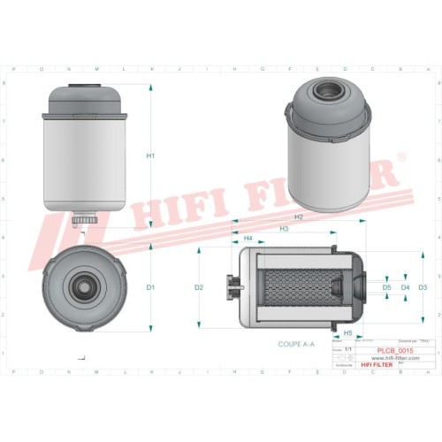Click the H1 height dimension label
pyautogui.click(x=151, y=156)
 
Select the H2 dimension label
pyautogui.click(x=299, y=217)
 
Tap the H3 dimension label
pyautogui.click(x=284, y=229)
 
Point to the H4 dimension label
pyautogui.click(x=248, y=239)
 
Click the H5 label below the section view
pyautogui.click(x=348, y=332)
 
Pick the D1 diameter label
pyautogui.click(x=151, y=288)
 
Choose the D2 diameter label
pyautogui.click(x=199, y=288)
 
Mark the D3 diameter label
pyautogui.click(x=423, y=288)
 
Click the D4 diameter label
pyautogui.click(x=406, y=288)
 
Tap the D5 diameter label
pyautogui.click(x=387, y=288)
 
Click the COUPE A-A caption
pyautogui.click(x=295, y=342)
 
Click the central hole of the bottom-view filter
pyautogui.click(x=84, y=287)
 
